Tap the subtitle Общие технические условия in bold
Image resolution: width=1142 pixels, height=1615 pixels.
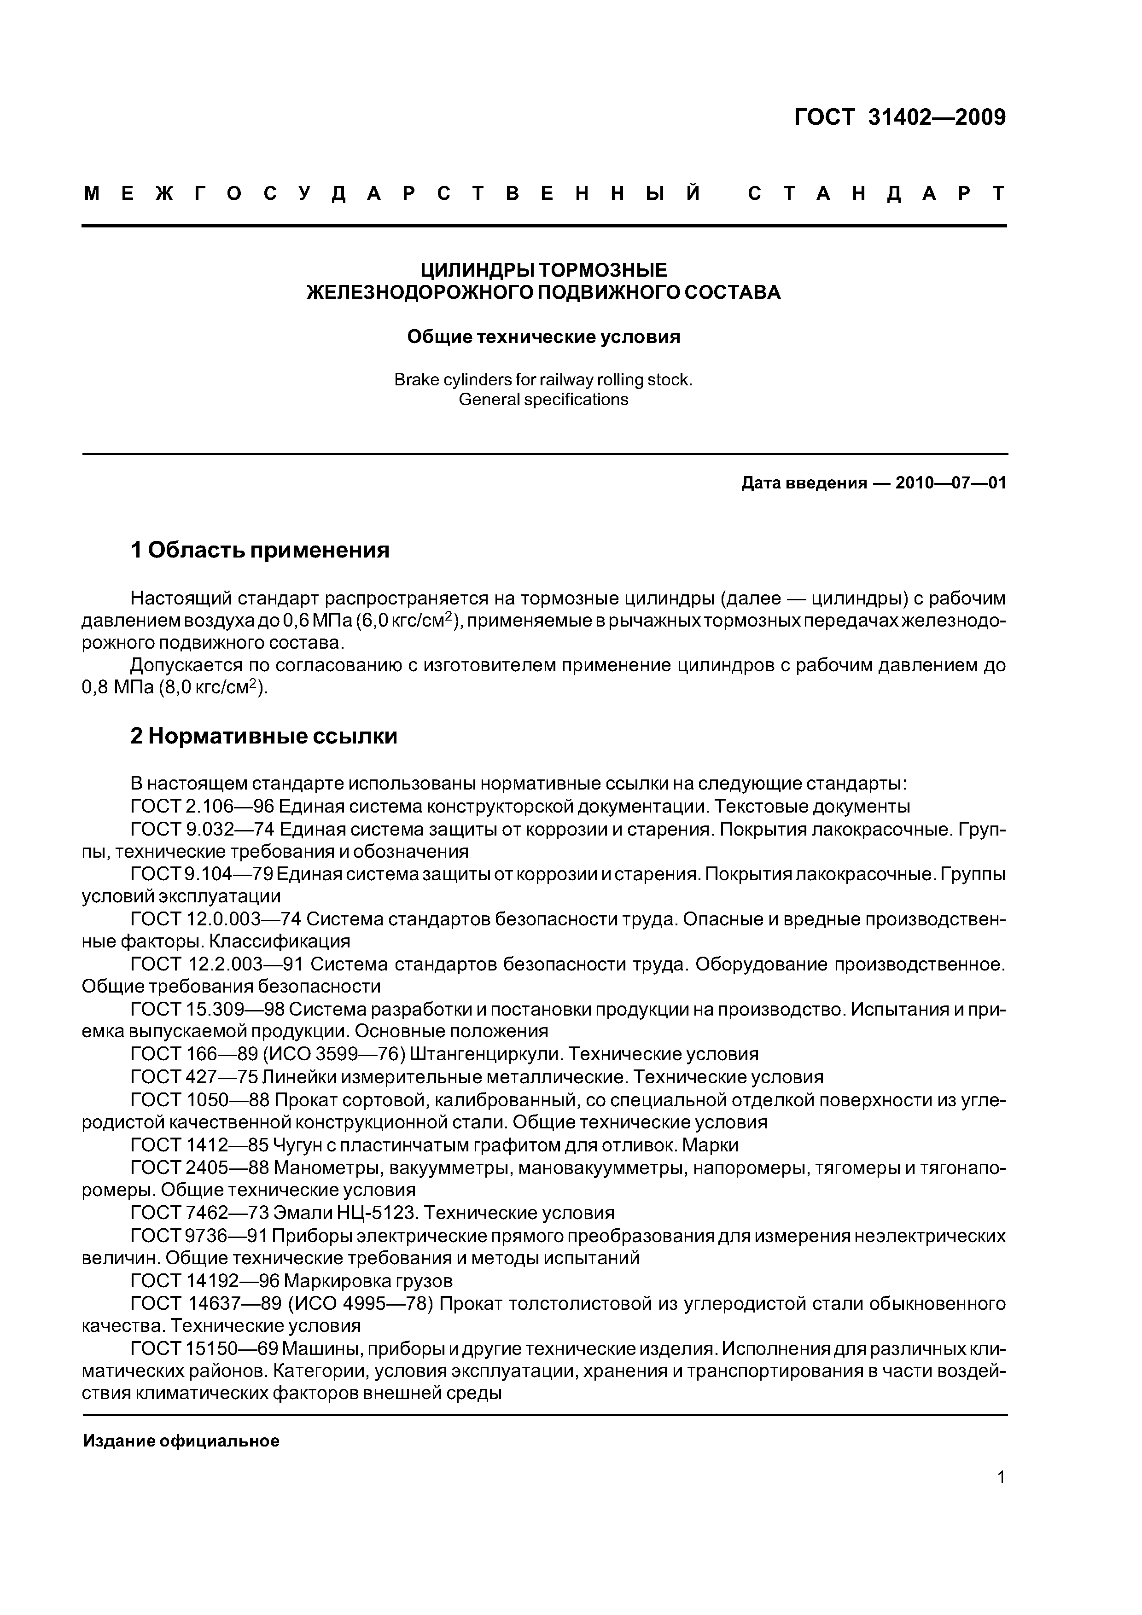(543, 337)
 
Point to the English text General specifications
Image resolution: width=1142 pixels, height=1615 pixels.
(543, 400)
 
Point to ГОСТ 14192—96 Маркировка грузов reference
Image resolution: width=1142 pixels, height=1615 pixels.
(291, 1280)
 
